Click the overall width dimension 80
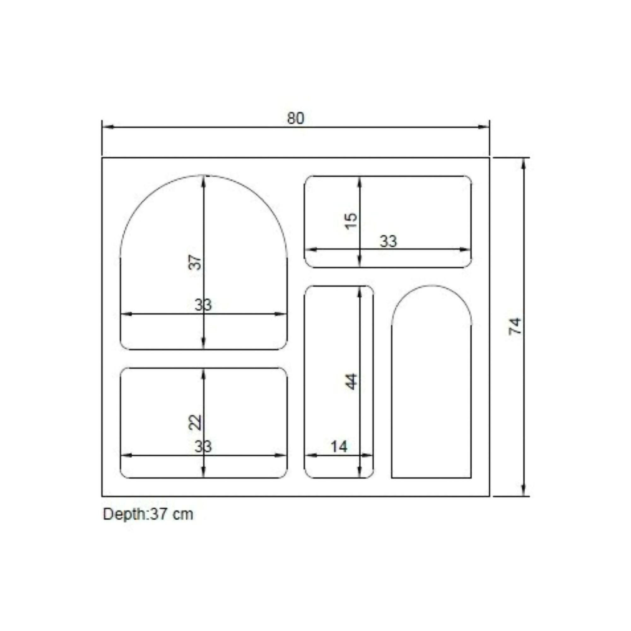[x=296, y=118]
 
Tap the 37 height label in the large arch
[x=195, y=262]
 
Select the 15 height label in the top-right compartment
[x=351, y=221]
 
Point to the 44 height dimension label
[x=351, y=381]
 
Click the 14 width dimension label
[x=339, y=446]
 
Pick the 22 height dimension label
[x=195, y=423]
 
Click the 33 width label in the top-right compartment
[x=388, y=241]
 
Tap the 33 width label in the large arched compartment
[x=203, y=305]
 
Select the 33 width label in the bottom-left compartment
[x=203, y=446]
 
